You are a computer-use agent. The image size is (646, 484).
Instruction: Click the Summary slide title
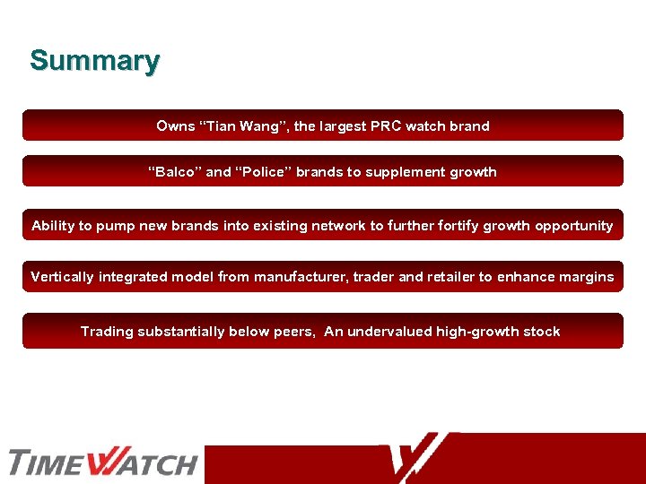[94, 61]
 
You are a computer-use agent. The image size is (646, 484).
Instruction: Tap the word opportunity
[574, 226]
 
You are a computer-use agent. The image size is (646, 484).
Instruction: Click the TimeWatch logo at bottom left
[102, 462]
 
